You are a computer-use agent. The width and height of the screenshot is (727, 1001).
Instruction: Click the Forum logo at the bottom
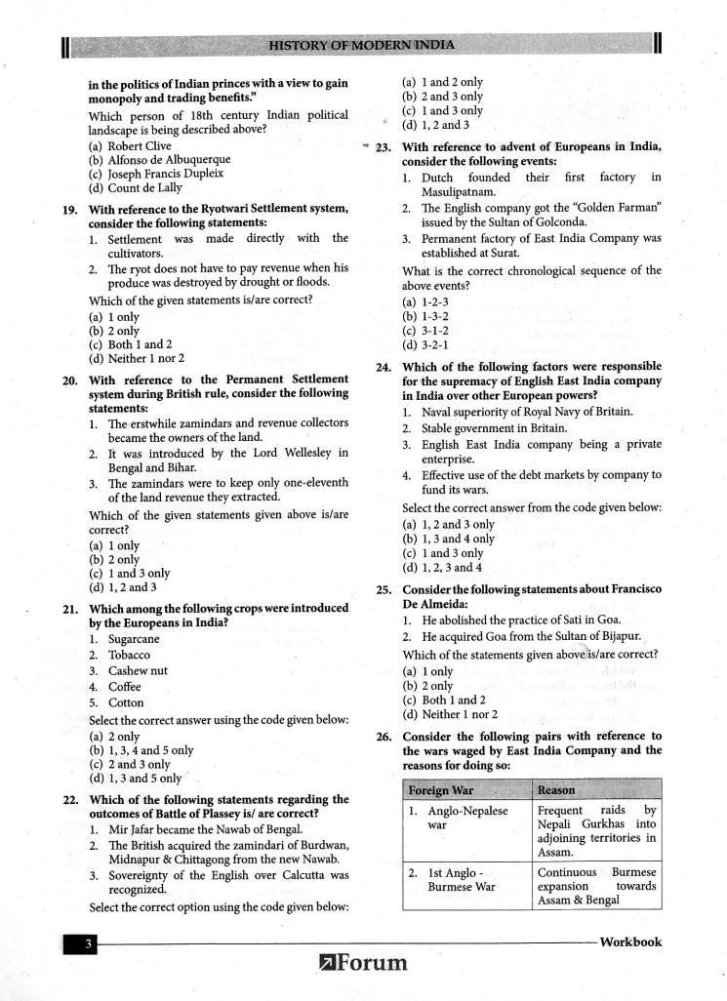pos(363,964)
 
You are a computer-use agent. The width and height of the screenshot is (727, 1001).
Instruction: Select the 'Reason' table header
pos(556,789)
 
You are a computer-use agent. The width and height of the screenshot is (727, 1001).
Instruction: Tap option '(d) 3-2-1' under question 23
pos(425,344)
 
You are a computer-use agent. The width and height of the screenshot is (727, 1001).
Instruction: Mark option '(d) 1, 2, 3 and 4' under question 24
pos(442,568)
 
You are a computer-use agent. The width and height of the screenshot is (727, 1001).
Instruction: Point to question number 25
pos(384,589)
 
